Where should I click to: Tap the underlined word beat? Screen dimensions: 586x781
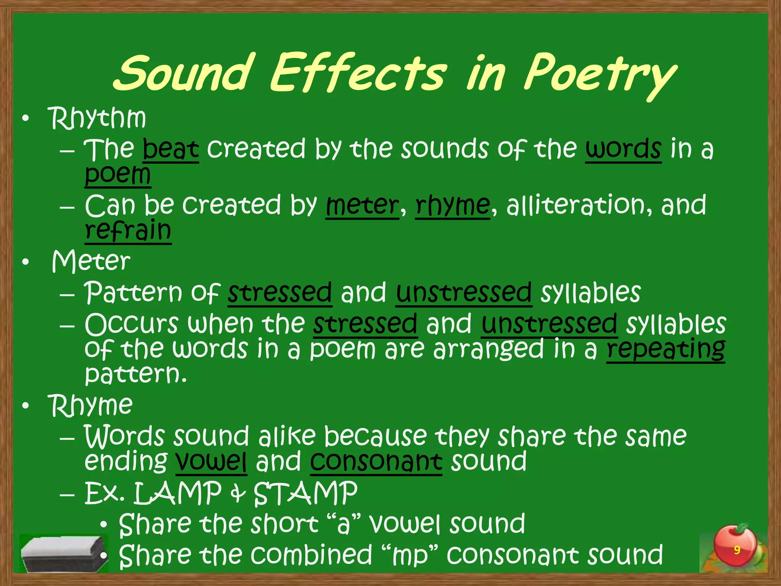(x=170, y=149)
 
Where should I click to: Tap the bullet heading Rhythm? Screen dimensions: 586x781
(x=97, y=118)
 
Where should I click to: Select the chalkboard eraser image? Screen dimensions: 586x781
(x=63, y=553)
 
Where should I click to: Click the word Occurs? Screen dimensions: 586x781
(x=132, y=324)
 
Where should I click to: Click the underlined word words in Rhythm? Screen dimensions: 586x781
(x=623, y=149)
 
